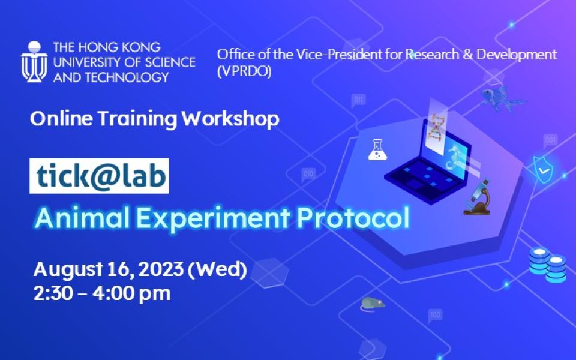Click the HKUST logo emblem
[34, 61]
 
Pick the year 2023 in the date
[161, 269]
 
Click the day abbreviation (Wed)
[218, 269]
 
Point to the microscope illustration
[479, 196]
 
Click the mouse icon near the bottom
[371, 304]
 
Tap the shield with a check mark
[543, 168]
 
